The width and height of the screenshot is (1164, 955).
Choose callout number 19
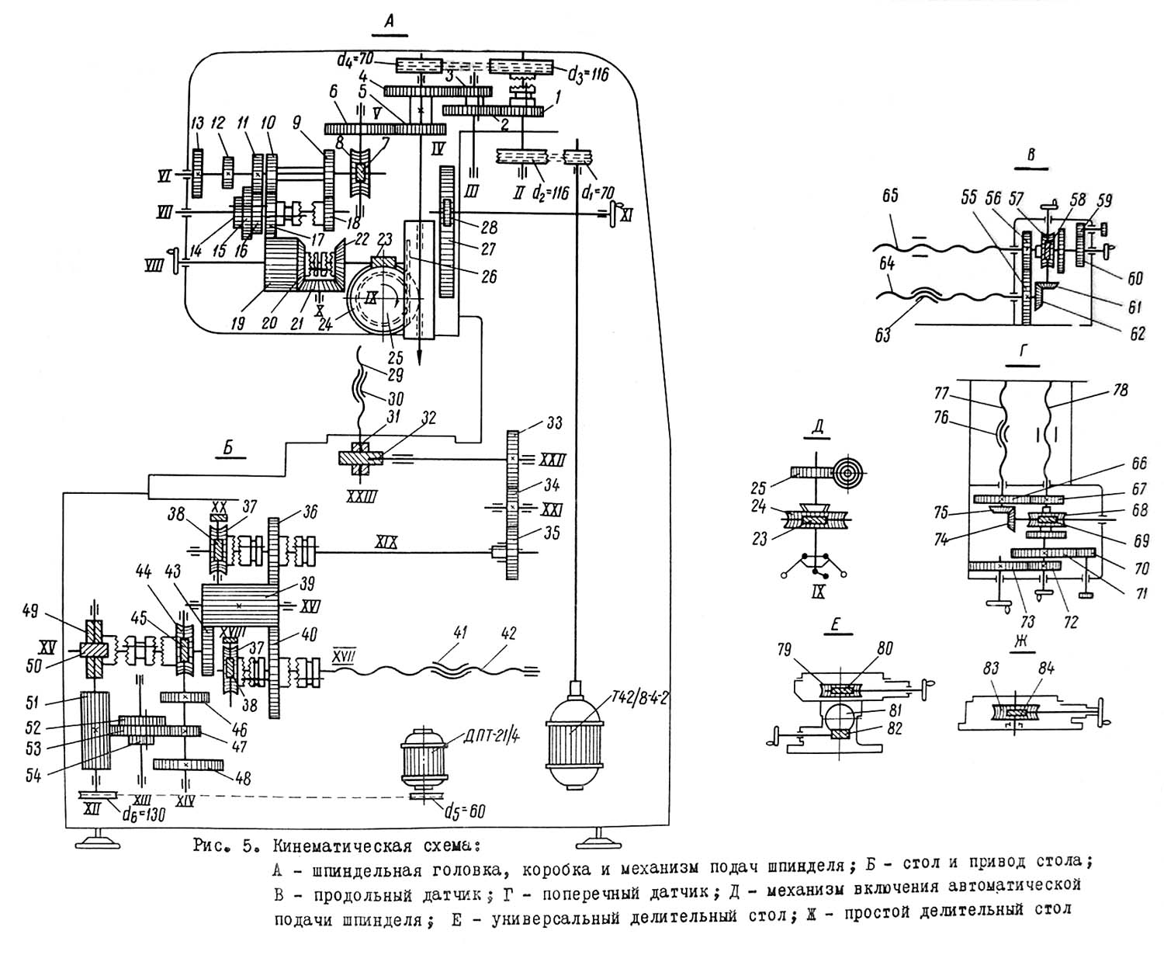click(241, 322)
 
